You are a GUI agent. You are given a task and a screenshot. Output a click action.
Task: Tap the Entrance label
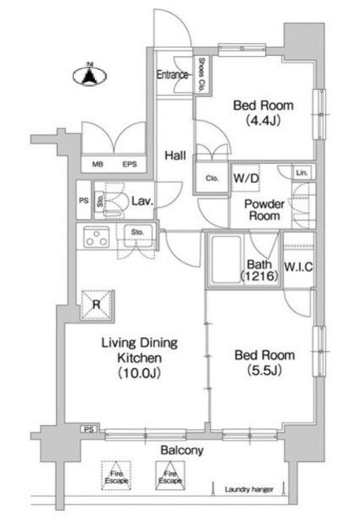[172, 75]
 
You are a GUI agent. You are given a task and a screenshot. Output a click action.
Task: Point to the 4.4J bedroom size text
[262, 121]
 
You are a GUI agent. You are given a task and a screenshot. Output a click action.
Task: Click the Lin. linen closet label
[301, 172]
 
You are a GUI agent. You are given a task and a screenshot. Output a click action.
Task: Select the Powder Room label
[265, 210]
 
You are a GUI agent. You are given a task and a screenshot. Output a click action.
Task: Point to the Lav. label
[142, 200]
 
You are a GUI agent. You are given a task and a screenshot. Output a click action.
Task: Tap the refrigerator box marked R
[97, 305]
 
